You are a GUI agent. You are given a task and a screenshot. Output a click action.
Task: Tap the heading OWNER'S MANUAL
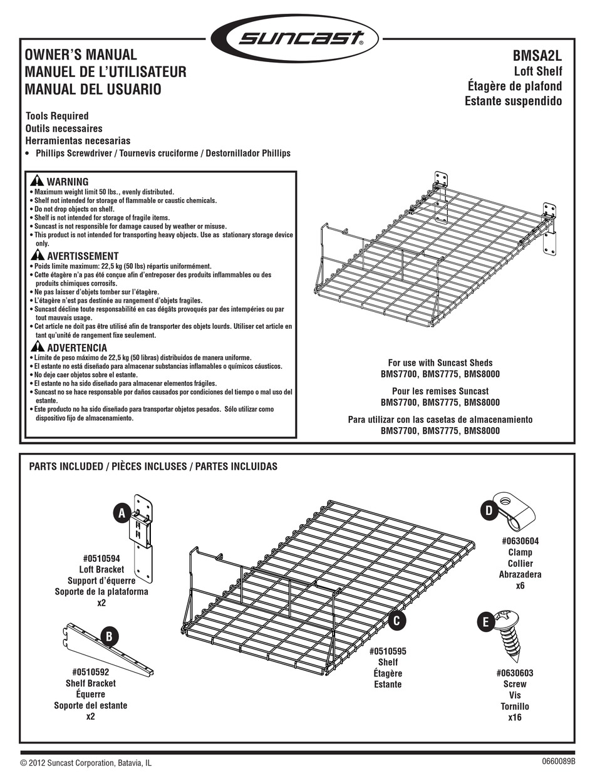(80, 56)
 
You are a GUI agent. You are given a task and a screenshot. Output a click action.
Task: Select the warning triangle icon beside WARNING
(37, 182)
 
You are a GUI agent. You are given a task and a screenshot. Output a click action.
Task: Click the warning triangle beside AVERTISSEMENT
(37, 256)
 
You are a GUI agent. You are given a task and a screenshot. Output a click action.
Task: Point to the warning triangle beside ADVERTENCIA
(37, 347)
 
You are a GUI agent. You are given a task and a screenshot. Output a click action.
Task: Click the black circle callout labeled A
(122, 513)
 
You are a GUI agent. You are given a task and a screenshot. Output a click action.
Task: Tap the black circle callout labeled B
(110, 637)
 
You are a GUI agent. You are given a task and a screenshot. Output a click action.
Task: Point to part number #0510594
(101, 559)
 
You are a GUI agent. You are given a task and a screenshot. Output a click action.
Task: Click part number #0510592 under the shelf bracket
(91, 673)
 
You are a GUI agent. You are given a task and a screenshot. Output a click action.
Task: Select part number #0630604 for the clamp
(520, 541)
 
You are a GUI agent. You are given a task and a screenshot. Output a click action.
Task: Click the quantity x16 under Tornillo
(514, 717)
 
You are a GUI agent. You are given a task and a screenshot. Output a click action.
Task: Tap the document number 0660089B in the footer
(556, 762)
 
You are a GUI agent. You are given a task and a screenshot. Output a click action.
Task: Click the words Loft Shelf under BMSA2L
(537, 71)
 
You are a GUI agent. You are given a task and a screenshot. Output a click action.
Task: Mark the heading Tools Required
(57, 116)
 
